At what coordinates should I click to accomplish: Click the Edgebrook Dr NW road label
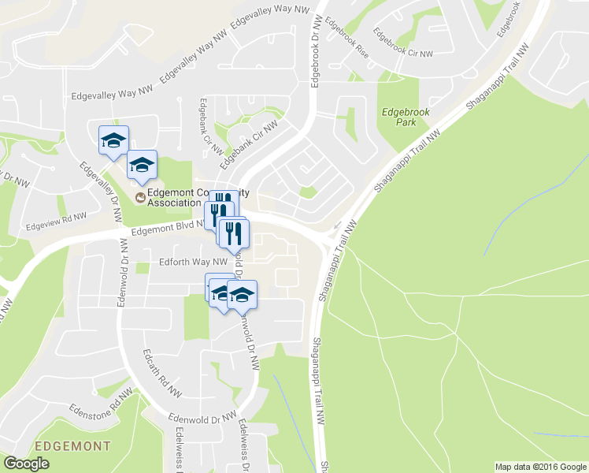(315, 47)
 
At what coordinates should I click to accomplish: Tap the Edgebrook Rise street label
(346, 39)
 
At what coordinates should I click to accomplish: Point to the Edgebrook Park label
(406, 117)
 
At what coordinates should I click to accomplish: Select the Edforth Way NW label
(193, 262)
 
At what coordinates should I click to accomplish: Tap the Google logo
(26, 464)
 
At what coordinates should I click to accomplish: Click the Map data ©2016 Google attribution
(540, 467)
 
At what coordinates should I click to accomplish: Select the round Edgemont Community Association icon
(140, 197)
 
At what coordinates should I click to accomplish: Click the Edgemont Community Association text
(173, 197)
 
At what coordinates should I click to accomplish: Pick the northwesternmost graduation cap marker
(113, 141)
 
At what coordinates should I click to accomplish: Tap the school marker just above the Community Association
(143, 165)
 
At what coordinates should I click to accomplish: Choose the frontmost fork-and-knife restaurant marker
(234, 233)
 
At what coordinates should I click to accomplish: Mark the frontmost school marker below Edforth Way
(242, 295)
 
